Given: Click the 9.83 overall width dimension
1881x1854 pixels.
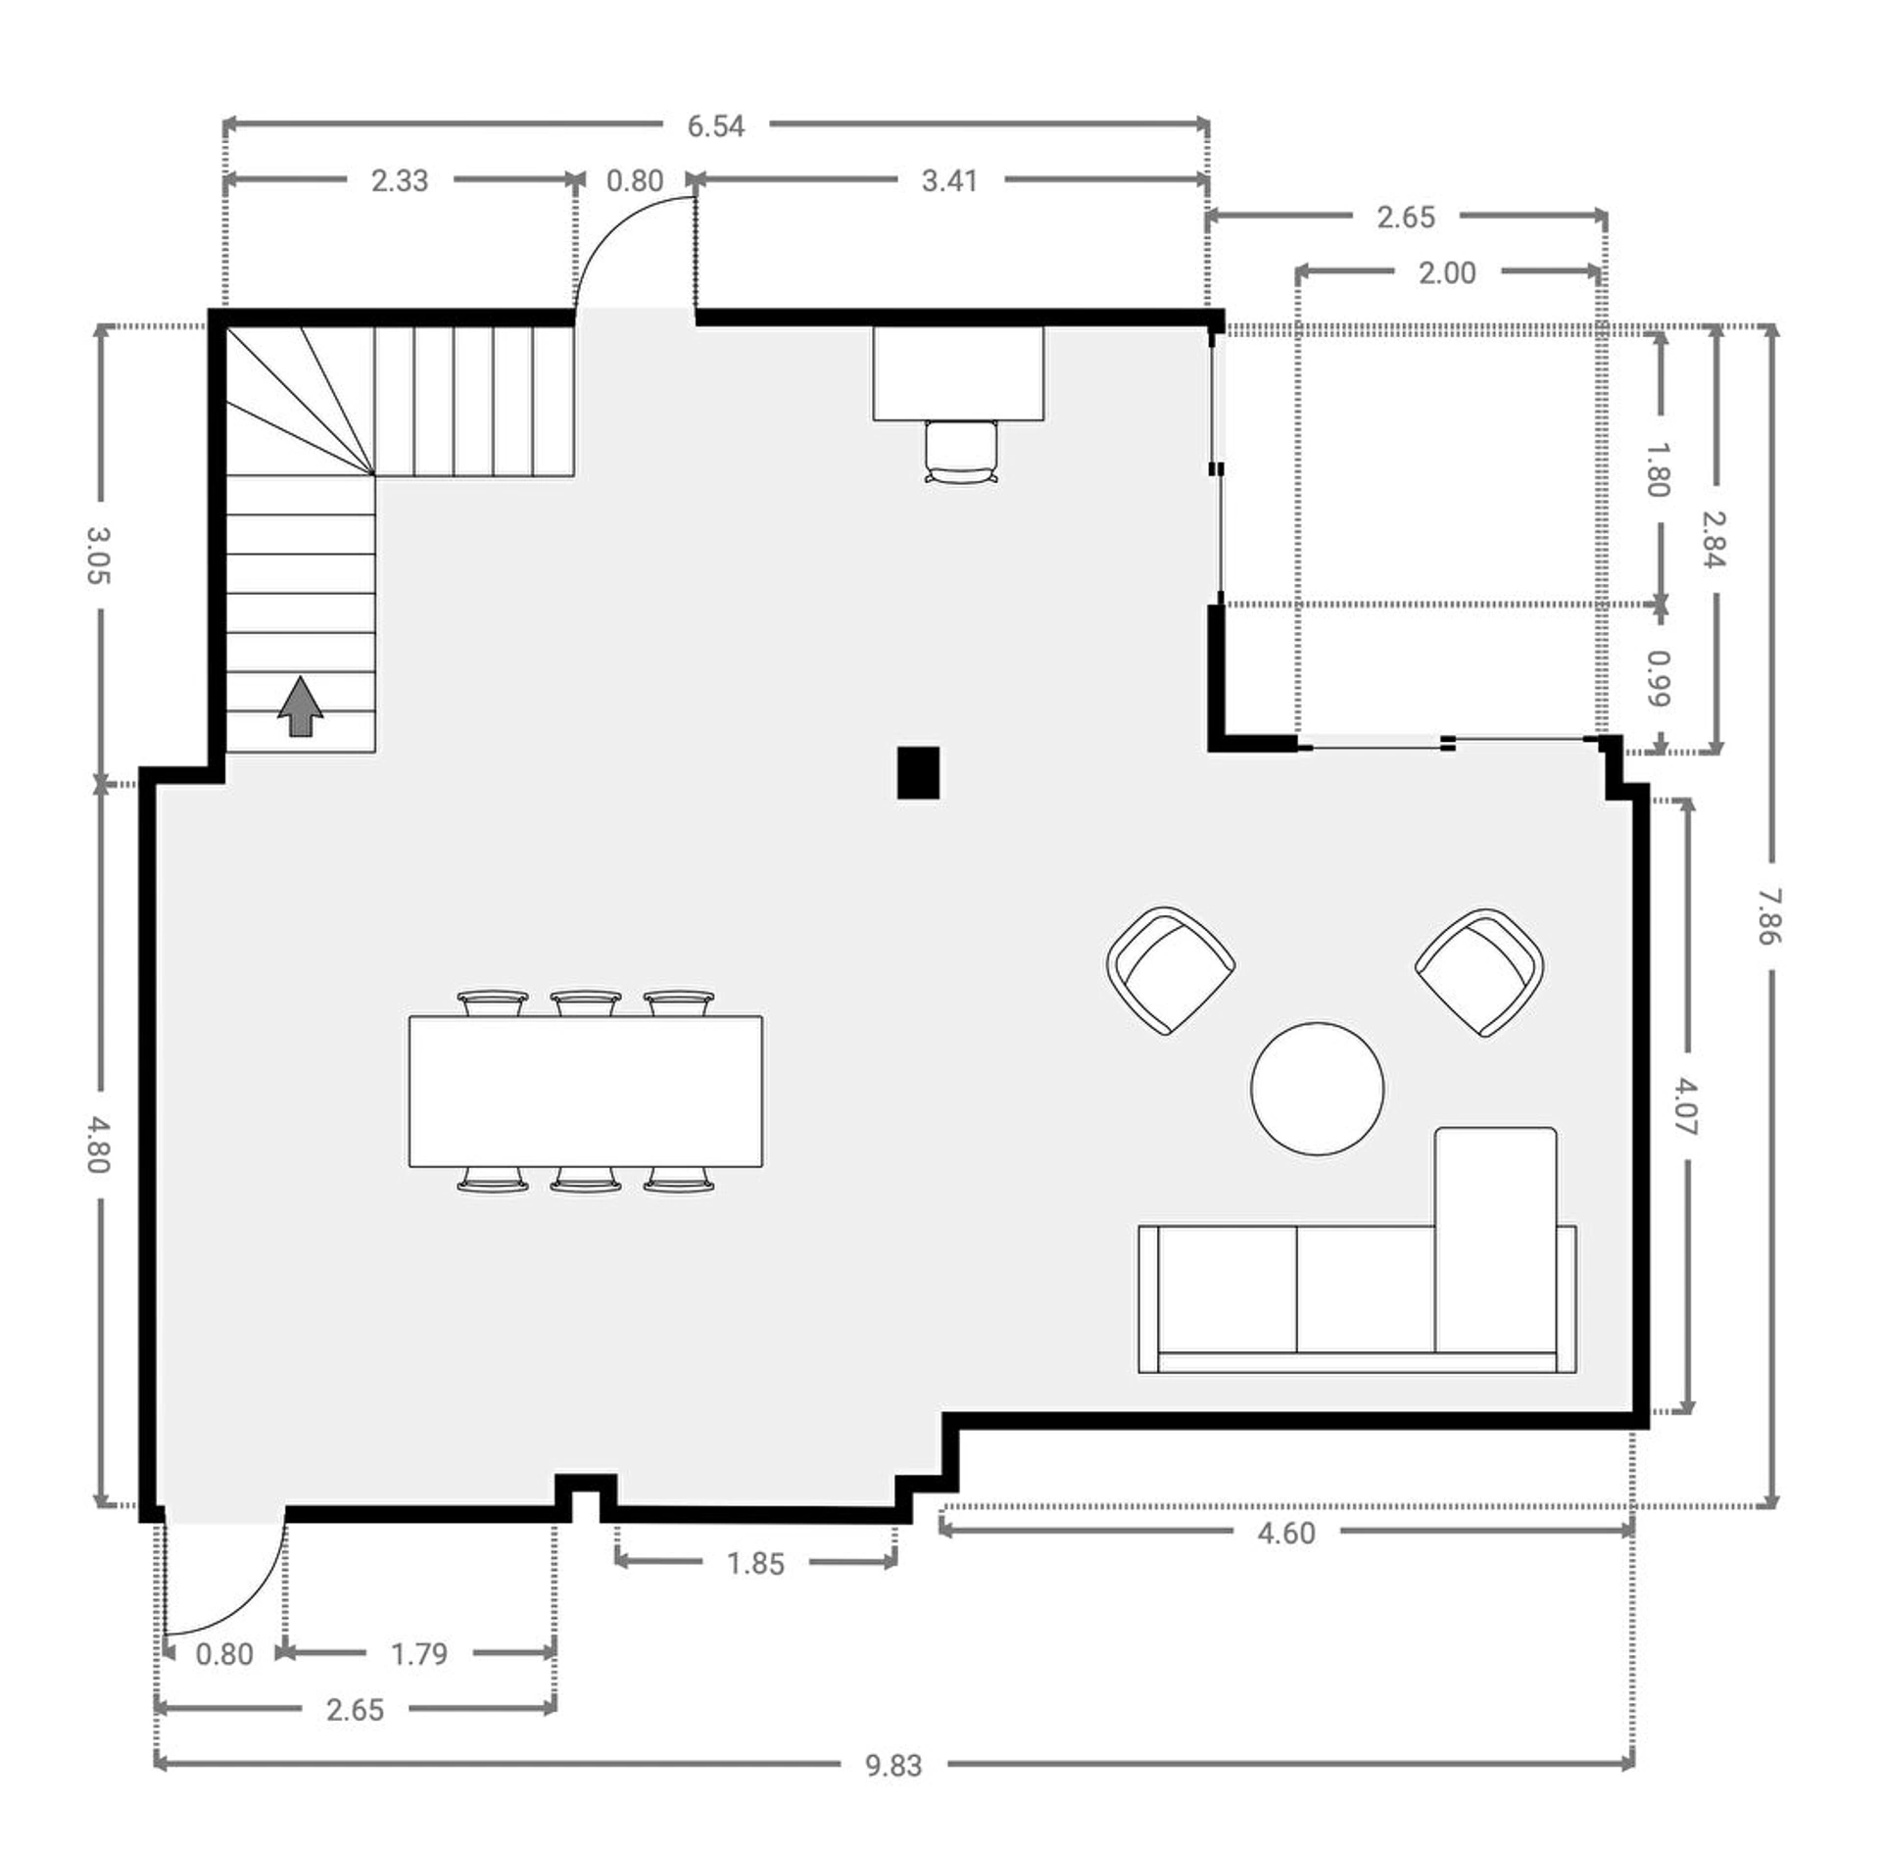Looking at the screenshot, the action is click(x=893, y=1765).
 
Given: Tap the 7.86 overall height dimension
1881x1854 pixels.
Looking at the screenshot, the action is click(x=1769, y=916).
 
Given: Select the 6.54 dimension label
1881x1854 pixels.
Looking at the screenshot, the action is click(x=715, y=125).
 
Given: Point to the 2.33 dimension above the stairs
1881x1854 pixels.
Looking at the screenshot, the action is click(x=400, y=180).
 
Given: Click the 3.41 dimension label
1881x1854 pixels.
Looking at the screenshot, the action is click(x=949, y=180).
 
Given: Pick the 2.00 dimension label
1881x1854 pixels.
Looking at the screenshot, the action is click(x=1447, y=272).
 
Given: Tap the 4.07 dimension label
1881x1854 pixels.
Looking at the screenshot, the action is click(x=1686, y=1106).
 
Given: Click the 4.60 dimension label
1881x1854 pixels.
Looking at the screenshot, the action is click(x=1286, y=1533).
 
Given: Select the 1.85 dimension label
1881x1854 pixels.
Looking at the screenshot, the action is click(x=755, y=1563).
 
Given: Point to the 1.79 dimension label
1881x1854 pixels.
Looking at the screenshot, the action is click(x=419, y=1654).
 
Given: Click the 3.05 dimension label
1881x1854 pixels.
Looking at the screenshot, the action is click(x=98, y=556).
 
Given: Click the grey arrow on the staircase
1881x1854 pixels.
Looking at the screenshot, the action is click(x=301, y=706).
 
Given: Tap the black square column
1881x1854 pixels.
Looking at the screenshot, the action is click(x=918, y=773).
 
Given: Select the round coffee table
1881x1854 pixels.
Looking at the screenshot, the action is click(x=1318, y=1089).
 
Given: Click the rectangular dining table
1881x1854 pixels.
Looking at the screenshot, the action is click(x=586, y=1092).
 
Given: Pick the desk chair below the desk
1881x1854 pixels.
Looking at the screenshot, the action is click(x=961, y=452).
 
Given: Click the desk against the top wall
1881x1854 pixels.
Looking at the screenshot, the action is click(x=958, y=373).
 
